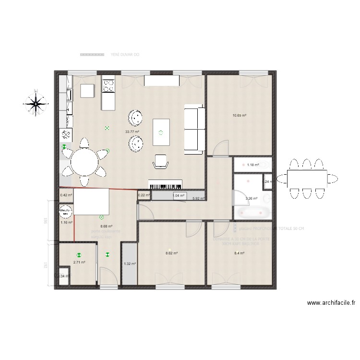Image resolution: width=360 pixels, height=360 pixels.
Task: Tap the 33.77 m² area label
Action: [132, 132]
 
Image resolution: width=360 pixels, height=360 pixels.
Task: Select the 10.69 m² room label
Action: [239, 115]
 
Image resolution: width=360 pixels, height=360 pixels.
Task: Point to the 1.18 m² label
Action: [253, 165]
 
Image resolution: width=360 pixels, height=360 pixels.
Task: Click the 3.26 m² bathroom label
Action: [252, 198]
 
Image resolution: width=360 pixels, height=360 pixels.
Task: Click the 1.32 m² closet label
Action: [130, 264]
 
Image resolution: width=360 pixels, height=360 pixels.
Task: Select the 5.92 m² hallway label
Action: [198, 198]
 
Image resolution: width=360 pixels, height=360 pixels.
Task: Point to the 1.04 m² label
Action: [178, 195]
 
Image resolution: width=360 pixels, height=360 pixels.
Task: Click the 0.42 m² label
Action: [66, 195]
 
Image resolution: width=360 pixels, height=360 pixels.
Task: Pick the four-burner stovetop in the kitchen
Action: [108, 85]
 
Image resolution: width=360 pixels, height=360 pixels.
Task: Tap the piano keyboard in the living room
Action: [166, 185]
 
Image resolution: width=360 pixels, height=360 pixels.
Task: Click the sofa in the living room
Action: [194, 131]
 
